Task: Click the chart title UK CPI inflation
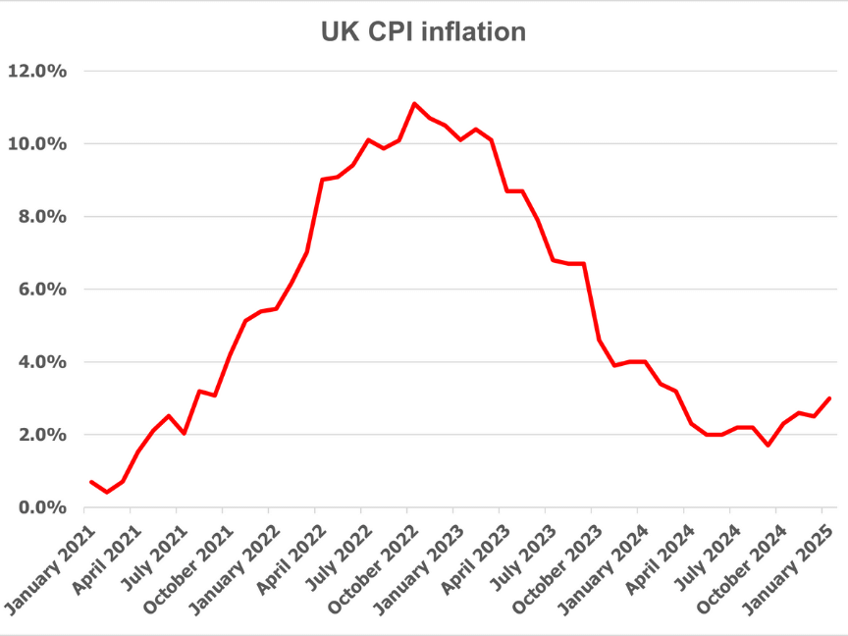click(423, 31)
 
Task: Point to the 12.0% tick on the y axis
click(36, 72)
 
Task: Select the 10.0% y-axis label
click(36, 144)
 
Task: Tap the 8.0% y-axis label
click(40, 217)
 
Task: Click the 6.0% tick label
click(40, 290)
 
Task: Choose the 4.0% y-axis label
click(40, 362)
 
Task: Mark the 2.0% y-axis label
click(40, 435)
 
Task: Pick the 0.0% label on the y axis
click(40, 507)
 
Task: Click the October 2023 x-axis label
click(553, 563)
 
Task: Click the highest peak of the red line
click(414, 103)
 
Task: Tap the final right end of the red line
click(830, 398)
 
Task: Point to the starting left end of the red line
click(90, 482)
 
